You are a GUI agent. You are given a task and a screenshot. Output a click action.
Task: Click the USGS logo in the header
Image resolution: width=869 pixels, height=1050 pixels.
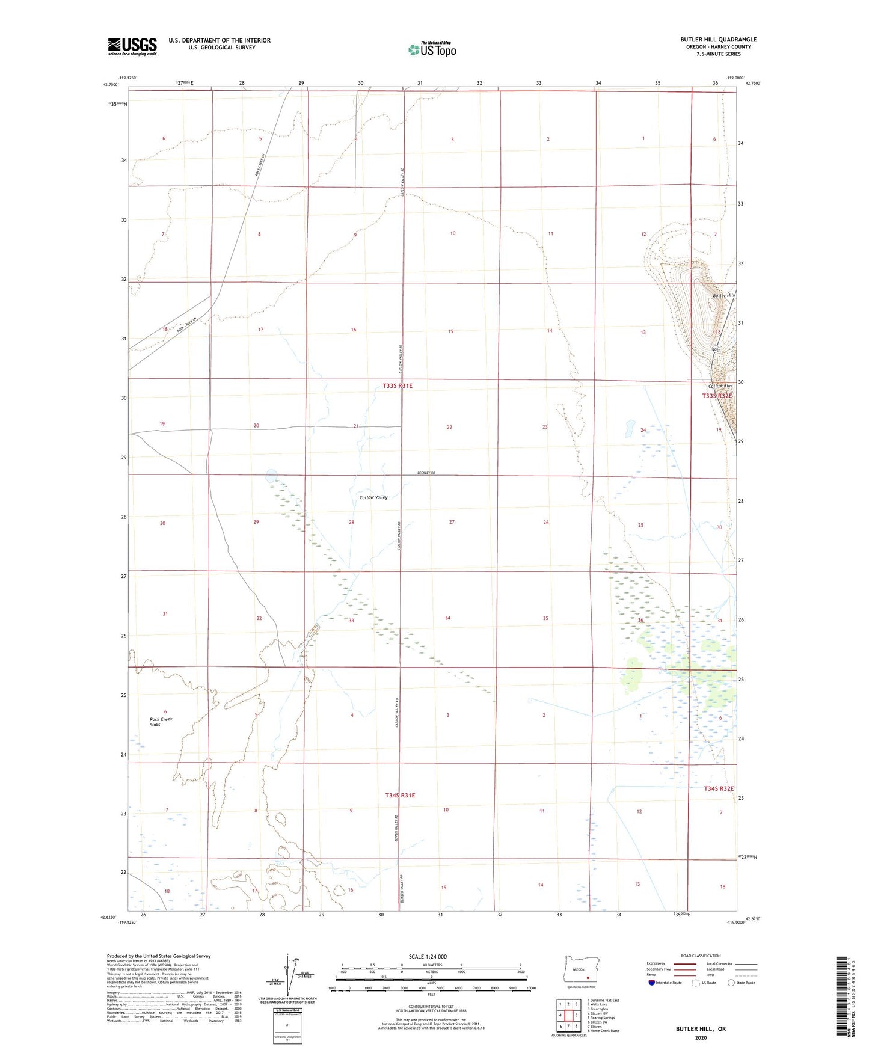click(132, 46)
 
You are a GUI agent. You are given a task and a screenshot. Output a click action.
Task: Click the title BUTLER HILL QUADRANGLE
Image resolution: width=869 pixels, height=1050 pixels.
click(718, 40)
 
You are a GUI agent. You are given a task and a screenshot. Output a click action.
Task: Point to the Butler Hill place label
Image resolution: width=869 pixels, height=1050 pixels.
click(723, 296)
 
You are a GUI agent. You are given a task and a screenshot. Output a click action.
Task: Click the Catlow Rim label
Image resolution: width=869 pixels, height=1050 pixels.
click(720, 386)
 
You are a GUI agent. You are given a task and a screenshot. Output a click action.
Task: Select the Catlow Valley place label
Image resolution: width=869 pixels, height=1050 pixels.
click(373, 497)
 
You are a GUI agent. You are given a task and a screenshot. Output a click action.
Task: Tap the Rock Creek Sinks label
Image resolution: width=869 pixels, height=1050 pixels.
click(161, 722)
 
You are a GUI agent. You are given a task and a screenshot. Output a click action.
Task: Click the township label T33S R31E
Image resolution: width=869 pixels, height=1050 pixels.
click(398, 385)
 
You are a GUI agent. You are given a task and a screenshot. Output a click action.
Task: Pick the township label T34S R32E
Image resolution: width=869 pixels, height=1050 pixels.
click(719, 788)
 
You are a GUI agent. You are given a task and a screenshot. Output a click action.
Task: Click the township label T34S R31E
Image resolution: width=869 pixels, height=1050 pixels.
click(400, 795)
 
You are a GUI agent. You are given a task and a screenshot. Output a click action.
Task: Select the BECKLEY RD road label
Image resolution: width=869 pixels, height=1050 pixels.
click(426, 474)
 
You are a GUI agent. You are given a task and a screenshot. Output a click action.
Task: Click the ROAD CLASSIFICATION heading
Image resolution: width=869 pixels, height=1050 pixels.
click(701, 956)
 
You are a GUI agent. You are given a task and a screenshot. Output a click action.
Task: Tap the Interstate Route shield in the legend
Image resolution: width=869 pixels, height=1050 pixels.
click(653, 983)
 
